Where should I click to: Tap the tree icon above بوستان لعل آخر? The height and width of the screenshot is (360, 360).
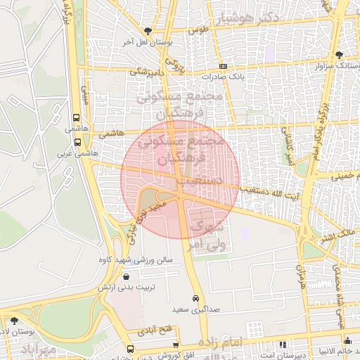pos(148,31)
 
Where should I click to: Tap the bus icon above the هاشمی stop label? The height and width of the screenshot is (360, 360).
pos(76,118)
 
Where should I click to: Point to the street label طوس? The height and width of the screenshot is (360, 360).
pos(199,31)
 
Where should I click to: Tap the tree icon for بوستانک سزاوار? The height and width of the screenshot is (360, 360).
pos(340,55)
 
